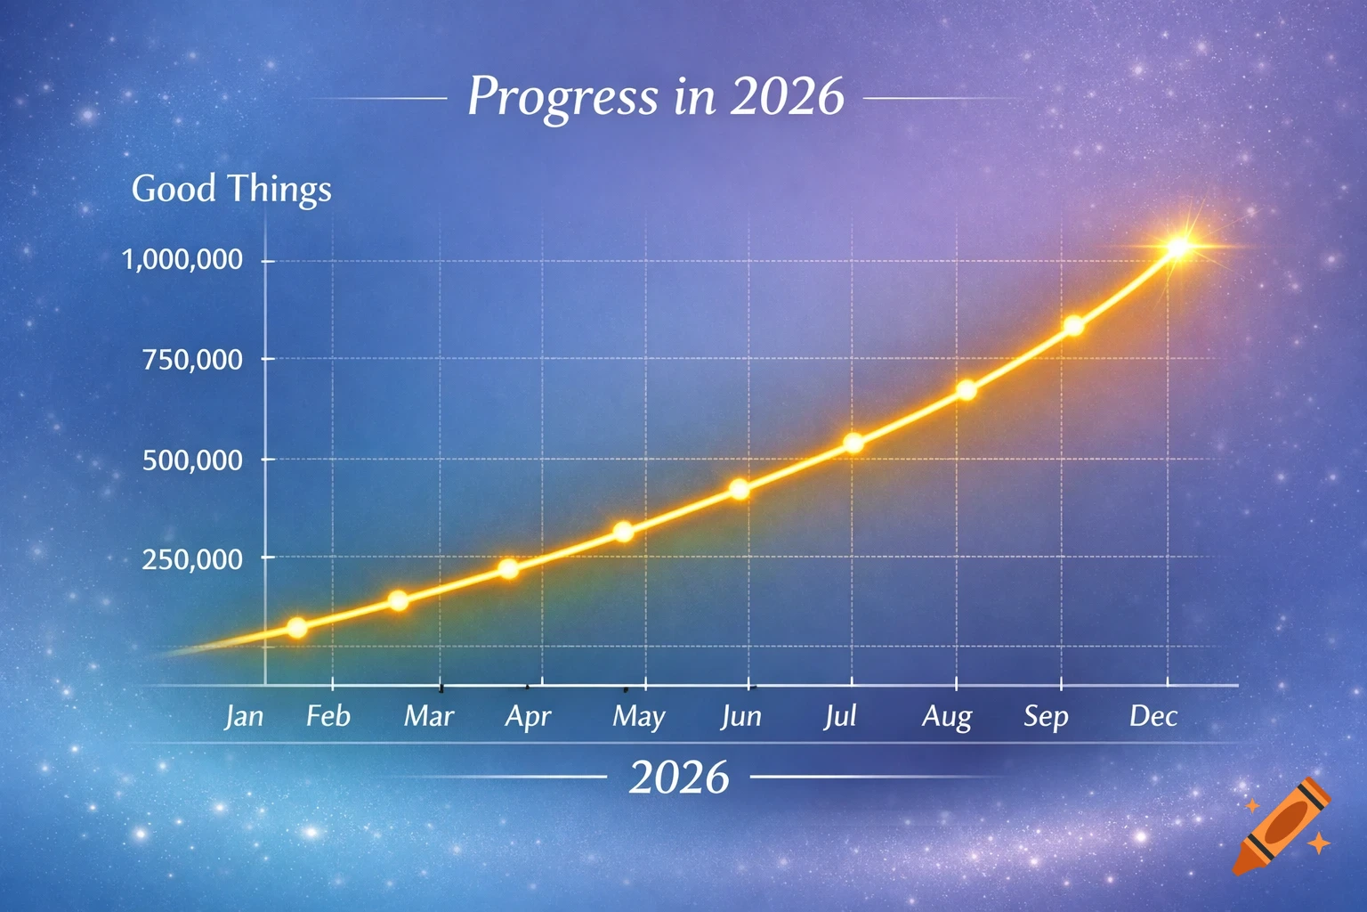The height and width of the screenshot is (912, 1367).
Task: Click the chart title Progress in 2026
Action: [655, 96]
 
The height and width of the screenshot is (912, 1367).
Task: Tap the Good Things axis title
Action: [231, 189]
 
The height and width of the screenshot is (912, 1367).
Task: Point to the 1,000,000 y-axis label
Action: [182, 260]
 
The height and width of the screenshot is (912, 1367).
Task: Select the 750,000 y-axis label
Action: [192, 360]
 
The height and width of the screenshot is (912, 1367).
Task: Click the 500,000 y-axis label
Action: [192, 460]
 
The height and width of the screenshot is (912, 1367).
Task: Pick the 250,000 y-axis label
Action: [192, 559]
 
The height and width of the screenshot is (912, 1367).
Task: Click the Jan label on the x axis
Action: [244, 716]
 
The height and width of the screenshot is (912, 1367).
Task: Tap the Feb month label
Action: [328, 716]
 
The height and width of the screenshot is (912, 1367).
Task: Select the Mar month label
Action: [429, 716]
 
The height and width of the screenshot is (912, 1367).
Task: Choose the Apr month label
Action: [529, 717]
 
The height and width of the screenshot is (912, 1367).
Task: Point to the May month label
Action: [639, 717]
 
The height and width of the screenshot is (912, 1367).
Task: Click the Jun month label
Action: [741, 716]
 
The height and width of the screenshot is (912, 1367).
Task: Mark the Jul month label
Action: [840, 716]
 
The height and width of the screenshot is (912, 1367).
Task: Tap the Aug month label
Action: [947, 717]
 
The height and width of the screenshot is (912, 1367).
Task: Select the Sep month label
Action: [1046, 717]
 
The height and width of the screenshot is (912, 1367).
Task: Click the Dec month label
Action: [1153, 716]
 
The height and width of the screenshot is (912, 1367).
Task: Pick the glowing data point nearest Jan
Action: [297, 628]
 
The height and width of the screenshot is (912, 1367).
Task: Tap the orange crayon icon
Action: [1282, 826]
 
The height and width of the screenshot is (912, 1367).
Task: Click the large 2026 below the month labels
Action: [679, 777]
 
